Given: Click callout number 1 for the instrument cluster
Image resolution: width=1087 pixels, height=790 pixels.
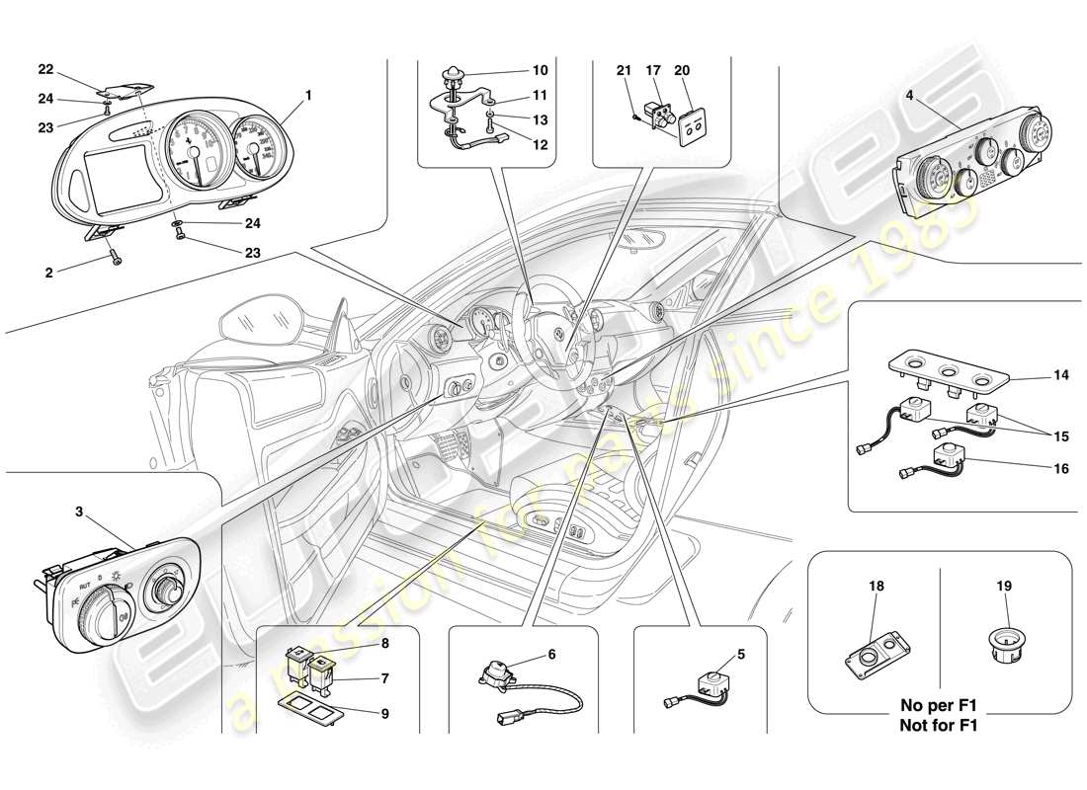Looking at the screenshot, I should click(x=308, y=96).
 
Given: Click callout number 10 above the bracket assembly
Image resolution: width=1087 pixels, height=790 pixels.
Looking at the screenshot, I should click(x=539, y=70).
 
